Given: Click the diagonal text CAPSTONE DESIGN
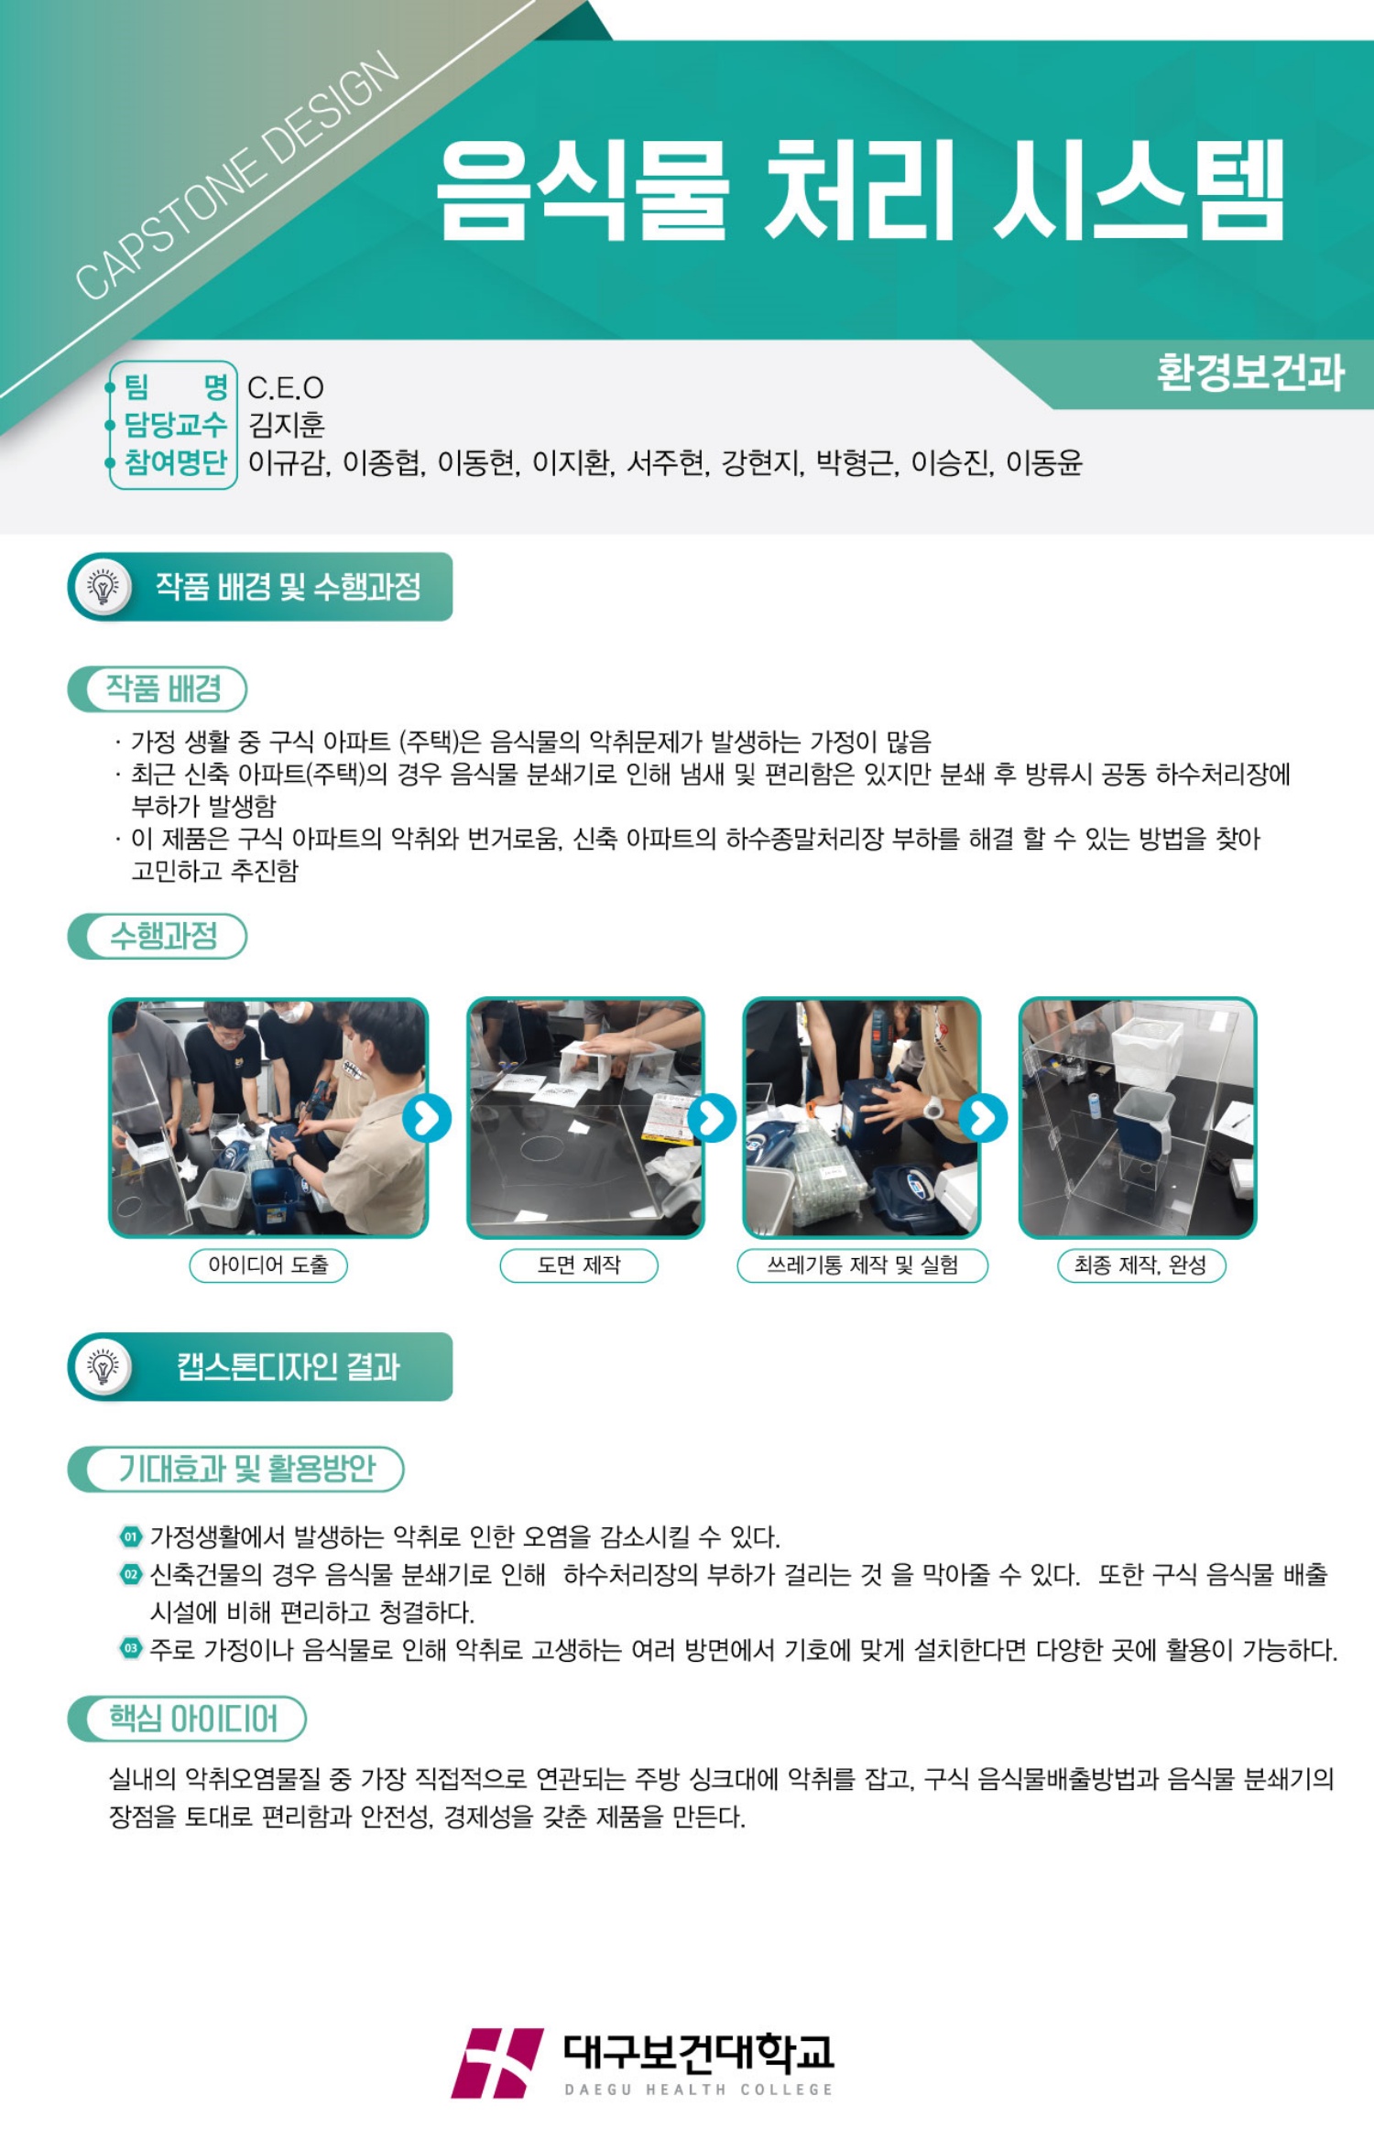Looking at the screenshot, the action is tap(236, 176).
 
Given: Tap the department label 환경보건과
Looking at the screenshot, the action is tap(1250, 373).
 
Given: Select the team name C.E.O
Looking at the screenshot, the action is tap(286, 388).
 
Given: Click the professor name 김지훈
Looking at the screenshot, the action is tap(287, 425).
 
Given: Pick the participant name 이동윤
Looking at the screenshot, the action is tap(1044, 462).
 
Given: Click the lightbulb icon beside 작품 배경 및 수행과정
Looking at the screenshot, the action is tap(104, 587).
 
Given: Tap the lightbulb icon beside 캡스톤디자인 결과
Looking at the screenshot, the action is tap(104, 1367).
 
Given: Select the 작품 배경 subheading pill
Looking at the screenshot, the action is tap(158, 689).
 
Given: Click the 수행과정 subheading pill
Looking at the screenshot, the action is tap(158, 936).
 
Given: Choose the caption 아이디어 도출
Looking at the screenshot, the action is tap(268, 1265).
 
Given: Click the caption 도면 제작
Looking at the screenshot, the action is tap(579, 1265).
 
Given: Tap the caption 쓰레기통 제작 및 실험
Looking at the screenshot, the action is tap(863, 1265).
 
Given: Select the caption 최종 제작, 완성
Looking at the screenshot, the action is tap(1141, 1265).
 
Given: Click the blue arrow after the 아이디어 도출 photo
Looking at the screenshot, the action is tap(427, 1118).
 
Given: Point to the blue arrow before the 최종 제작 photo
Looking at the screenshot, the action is tap(983, 1118).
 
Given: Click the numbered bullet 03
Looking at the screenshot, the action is tap(131, 1648).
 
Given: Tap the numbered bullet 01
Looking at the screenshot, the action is tap(131, 1536).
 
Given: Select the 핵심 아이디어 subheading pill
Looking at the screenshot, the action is tap(187, 1719).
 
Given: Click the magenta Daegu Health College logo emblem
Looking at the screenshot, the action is tap(497, 2063).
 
